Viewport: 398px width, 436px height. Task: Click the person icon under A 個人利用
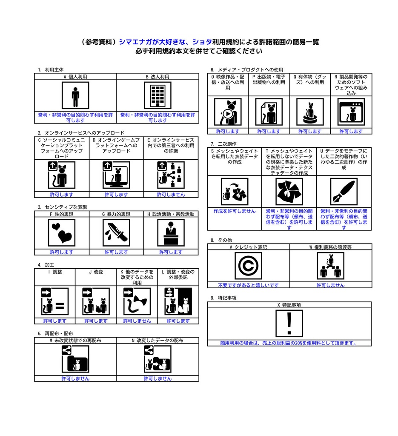(75, 95)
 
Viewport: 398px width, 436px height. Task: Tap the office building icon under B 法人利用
(157, 95)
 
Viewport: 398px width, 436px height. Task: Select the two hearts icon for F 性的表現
(62, 233)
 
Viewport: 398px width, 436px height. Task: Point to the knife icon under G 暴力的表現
(116, 233)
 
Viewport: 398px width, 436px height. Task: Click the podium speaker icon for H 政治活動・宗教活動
(171, 233)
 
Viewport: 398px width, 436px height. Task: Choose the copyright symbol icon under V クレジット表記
(248, 266)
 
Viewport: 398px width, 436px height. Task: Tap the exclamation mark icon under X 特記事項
(289, 324)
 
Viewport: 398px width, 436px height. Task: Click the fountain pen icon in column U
(344, 192)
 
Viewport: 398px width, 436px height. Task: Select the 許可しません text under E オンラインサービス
(171, 195)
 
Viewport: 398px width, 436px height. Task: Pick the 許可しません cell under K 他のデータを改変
(137, 321)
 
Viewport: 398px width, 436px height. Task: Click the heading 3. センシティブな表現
(63, 207)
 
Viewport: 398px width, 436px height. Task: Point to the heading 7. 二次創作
(223, 144)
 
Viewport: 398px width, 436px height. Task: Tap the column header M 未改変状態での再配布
(75, 341)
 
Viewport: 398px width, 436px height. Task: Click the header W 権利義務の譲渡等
(330, 247)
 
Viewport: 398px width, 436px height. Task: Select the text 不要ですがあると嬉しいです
(248, 285)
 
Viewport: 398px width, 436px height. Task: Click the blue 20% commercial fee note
(289, 343)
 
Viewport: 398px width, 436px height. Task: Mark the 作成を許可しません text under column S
(235, 211)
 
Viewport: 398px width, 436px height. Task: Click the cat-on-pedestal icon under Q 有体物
(310, 112)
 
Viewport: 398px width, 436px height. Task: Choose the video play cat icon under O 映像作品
(228, 112)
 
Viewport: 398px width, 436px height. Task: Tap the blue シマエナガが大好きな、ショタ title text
(165, 42)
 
